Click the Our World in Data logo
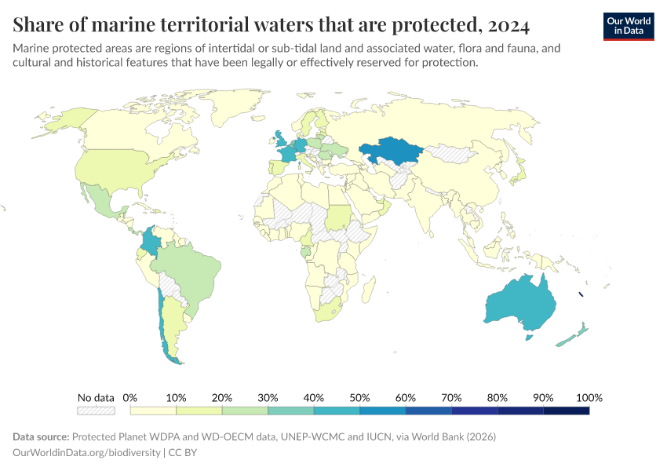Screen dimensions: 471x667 coord(628,26)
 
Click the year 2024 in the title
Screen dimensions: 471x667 coord(508,25)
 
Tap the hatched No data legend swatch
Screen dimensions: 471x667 coord(96,410)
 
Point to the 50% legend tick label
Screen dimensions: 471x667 coord(360,397)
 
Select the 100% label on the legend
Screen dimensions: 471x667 coord(589,397)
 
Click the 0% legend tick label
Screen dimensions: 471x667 coord(130,397)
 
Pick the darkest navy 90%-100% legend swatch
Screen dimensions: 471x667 coord(566,410)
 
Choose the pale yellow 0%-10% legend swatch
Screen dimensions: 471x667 coord(153,410)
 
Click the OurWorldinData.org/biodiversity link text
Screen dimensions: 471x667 coord(86,453)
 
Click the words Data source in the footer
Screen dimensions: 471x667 coord(40,436)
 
